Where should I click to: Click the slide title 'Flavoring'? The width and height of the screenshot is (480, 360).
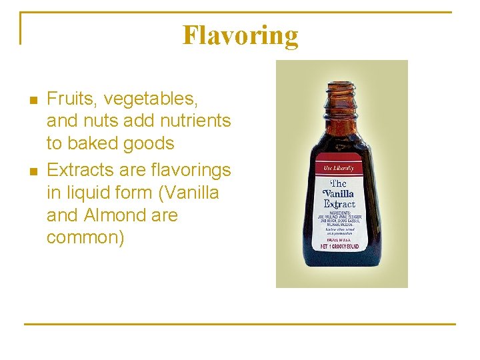tap(240, 35)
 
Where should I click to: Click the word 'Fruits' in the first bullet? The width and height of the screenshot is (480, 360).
tap(69, 99)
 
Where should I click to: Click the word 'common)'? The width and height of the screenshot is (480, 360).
tap(85, 238)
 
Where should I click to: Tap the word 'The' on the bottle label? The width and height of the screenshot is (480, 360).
tap(339, 183)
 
